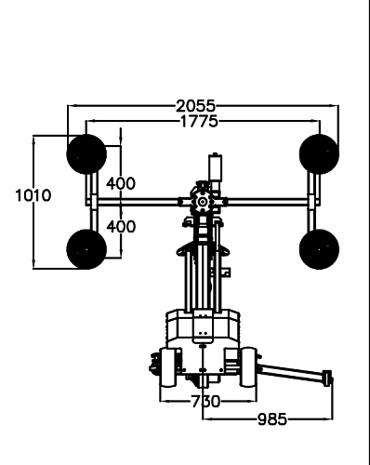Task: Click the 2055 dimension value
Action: click(195, 106)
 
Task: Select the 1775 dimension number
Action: click(199, 121)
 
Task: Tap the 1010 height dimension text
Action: click(33, 195)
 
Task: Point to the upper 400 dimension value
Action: click(121, 183)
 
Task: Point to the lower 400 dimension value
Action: click(121, 227)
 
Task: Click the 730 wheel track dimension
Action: click(205, 402)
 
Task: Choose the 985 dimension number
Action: click(272, 419)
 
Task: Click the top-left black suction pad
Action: click(86, 154)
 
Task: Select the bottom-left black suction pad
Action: click(86, 249)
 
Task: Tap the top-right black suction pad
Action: click(319, 154)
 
